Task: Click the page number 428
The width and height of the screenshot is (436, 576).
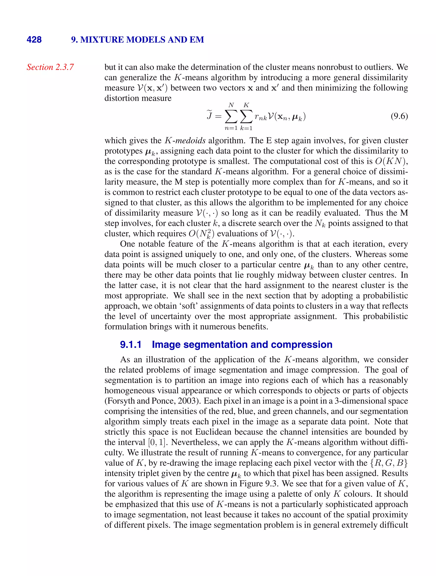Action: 34,40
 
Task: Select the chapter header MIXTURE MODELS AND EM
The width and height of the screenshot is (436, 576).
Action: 142,40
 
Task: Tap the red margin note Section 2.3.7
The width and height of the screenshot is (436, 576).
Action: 50,67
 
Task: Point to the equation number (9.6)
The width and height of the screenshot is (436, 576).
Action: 399,116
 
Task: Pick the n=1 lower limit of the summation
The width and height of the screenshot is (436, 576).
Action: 231,128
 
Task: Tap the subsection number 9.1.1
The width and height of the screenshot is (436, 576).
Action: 131,344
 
